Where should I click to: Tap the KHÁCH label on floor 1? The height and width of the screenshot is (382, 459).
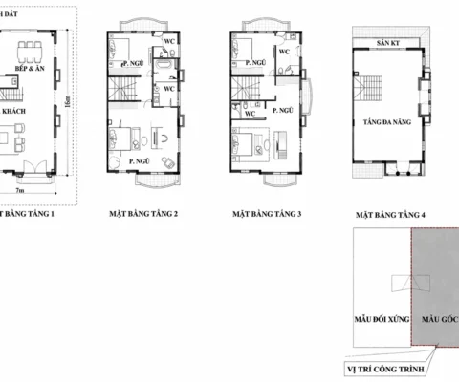tap(13, 112)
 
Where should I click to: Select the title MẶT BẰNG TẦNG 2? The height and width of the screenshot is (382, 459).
tap(143, 215)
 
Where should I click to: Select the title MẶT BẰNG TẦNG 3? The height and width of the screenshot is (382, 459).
tap(267, 215)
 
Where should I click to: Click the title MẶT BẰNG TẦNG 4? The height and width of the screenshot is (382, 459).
tap(389, 217)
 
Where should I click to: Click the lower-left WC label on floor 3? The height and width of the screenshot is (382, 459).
tap(249, 114)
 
